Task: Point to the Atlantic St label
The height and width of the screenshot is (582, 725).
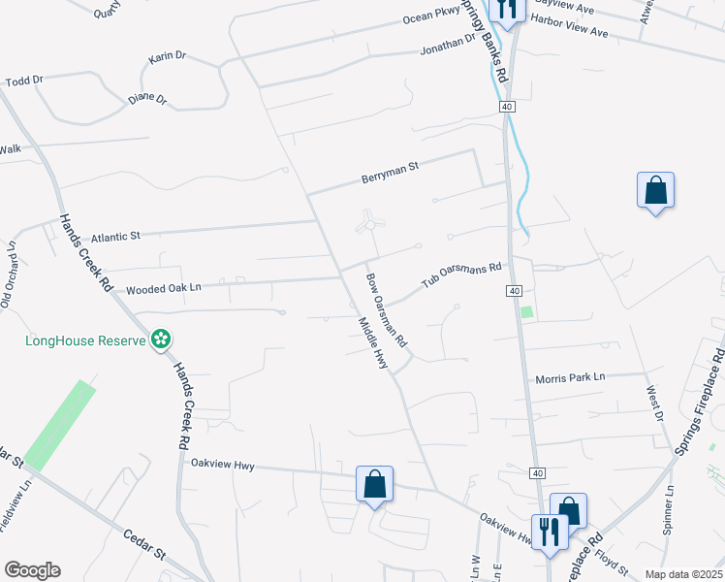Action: pos(116,236)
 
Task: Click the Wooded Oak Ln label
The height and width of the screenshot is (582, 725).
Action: pos(163,287)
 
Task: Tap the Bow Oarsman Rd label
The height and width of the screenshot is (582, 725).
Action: pos(386,310)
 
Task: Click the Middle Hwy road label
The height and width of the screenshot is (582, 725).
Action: pos(373,343)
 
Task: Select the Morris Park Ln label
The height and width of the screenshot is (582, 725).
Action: pos(570,376)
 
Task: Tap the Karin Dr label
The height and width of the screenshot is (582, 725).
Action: pos(167,57)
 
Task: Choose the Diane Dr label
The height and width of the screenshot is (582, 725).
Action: pos(147,99)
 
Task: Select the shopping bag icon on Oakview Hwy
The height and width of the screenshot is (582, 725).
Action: pos(374,483)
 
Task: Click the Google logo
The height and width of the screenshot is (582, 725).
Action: pos(32,570)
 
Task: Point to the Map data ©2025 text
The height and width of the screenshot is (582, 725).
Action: pos(682,574)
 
